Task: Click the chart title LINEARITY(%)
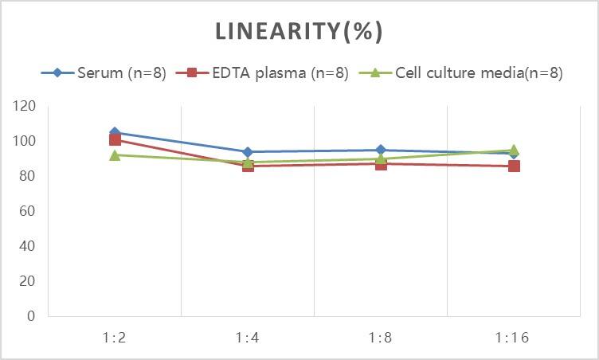point(299,31)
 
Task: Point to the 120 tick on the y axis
point(25,106)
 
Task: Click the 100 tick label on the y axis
point(25,141)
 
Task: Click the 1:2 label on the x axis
point(115,337)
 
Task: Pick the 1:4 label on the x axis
point(248,337)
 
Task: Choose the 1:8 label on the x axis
point(381,337)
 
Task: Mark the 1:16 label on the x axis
point(514,337)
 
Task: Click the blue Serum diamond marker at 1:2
point(115,132)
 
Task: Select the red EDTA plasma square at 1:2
point(115,140)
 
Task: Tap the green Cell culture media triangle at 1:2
point(115,155)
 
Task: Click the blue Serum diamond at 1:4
point(248,151)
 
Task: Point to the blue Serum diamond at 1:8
point(381,150)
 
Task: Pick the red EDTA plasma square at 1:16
point(514,166)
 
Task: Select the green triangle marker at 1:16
point(514,149)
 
